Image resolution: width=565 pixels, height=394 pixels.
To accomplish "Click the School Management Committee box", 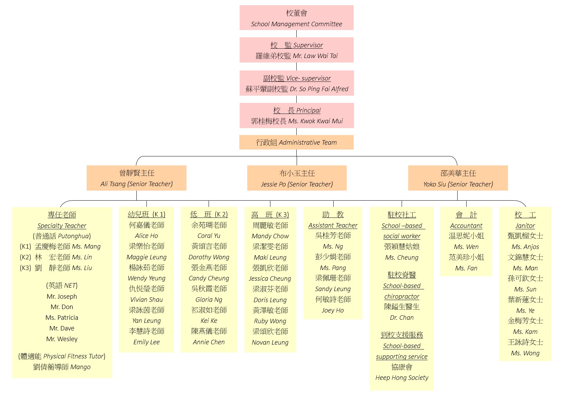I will [296, 18].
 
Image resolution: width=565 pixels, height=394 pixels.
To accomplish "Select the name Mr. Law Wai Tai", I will [315, 56].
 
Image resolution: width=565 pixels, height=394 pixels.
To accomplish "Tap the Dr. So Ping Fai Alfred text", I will [319, 89].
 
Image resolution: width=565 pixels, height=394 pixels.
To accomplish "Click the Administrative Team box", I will [296, 142].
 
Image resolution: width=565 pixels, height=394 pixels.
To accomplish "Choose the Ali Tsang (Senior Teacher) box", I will [136, 178].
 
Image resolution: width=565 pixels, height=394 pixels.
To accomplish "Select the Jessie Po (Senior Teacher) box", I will [297, 178].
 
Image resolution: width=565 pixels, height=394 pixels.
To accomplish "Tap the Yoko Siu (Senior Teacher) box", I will [458, 178].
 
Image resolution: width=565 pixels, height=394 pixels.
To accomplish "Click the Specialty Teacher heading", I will [62, 226].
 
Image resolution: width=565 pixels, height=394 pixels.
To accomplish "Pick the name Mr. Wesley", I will [62, 339].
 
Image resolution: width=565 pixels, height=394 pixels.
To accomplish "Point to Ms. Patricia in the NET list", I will [62, 318].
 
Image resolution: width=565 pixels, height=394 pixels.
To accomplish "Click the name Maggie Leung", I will [146, 257].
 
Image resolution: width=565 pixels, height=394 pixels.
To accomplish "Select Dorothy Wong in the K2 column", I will [209, 257].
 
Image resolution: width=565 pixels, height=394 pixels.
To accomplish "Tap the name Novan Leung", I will [270, 343].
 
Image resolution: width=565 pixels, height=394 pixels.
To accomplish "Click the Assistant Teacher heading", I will [333, 225].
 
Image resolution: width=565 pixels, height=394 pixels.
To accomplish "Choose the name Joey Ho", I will [333, 310].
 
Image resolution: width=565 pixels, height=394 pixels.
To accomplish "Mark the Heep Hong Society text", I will [402, 378].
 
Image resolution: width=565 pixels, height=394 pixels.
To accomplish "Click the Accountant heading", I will [466, 226].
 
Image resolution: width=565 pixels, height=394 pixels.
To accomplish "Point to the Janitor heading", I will [525, 226].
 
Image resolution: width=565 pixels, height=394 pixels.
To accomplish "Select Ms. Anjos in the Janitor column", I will [525, 247].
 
